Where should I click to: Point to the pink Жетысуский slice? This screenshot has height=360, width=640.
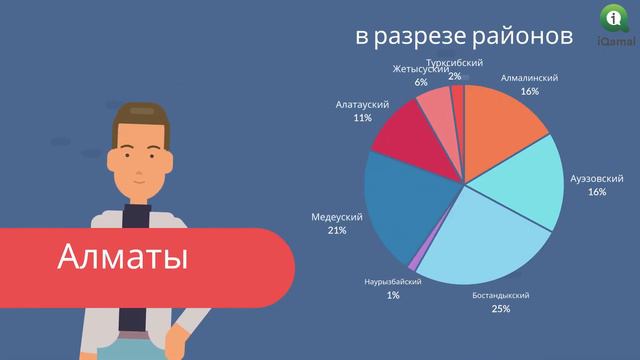[437, 104]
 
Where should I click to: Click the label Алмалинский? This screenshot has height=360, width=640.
[529, 77]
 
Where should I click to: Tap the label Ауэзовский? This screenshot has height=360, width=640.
[597, 177]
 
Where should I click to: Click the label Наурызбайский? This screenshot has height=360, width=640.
[392, 282]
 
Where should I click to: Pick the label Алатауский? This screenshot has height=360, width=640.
[362, 103]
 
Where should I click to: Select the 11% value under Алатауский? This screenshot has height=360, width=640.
[362, 117]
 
